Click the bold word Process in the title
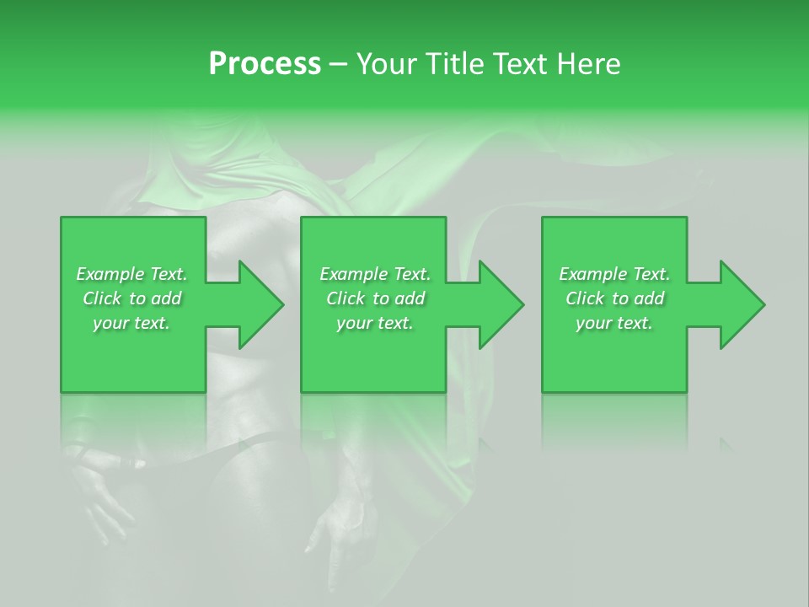(x=265, y=64)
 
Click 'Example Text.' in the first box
(x=131, y=274)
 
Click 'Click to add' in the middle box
(x=375, y=298)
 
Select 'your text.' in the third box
(x=613, y=323)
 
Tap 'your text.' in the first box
(x=131, y=323)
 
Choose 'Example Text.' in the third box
(x=614, y=274)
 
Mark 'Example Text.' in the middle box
(x=375, y=274)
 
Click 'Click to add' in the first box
(x=131, y=298)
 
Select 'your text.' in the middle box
(x=374, y=323)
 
